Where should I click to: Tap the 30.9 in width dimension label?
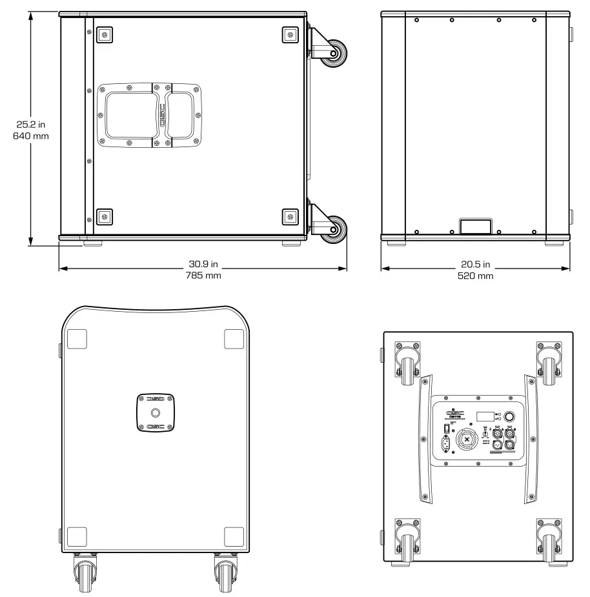[203, 265]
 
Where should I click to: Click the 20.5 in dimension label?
[475, 265]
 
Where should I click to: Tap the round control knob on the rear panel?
[509, 418]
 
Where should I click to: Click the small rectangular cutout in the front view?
[475, 225]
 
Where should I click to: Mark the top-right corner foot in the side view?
[290, 34]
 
